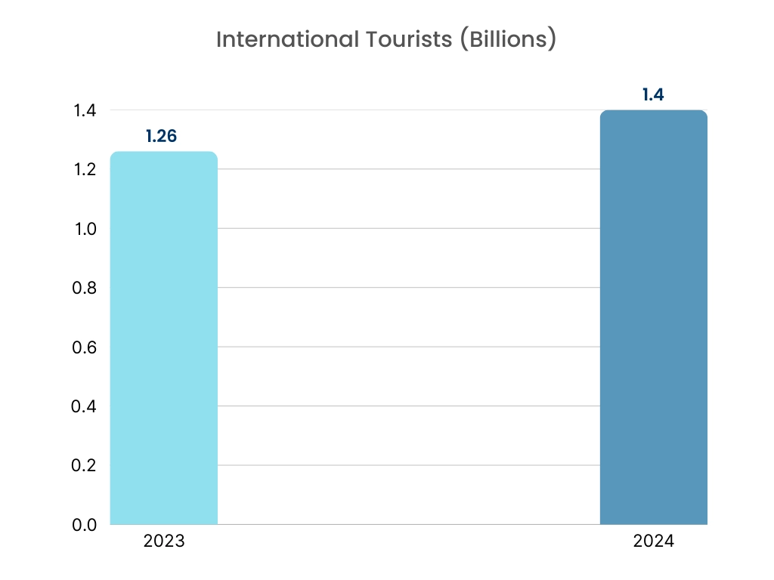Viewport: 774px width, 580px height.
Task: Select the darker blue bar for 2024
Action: pos(653,317)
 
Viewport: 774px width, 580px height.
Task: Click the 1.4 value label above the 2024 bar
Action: pos(653,95)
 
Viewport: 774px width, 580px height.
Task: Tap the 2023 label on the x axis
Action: pos(163,541)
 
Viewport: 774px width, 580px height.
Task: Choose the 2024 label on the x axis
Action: pos(653,541)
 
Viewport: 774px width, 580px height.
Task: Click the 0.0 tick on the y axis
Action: pos(84,525)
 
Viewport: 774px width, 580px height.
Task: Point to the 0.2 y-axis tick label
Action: pos(84,465)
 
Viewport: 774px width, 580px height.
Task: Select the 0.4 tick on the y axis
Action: pos(84,406)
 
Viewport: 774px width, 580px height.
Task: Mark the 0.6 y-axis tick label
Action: pos(84,347)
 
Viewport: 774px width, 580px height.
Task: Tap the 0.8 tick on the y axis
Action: pos(84,288)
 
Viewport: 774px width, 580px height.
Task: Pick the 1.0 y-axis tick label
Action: pos(85,229)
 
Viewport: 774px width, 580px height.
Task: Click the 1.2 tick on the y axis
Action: pos(85,169)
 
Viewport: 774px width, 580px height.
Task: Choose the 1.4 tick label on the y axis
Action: pos(85,110)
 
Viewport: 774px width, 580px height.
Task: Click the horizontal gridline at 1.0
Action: pos(408,228)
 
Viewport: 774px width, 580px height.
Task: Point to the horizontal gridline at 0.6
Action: pos(408,347)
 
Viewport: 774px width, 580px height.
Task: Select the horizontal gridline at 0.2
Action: pos(408,465)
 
